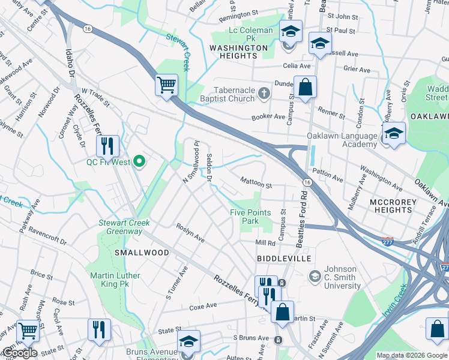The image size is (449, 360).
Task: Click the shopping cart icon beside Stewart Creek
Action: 166,84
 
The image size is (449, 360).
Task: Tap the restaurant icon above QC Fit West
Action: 107,145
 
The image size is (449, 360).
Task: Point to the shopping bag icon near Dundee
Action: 306,87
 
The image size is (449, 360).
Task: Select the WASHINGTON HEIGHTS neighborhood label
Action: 238,52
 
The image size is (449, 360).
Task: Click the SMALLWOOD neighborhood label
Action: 142,253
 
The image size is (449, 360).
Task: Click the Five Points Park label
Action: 250,217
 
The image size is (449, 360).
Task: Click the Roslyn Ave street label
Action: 190,233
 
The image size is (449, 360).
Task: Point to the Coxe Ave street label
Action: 203,306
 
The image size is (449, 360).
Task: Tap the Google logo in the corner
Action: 19,353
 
